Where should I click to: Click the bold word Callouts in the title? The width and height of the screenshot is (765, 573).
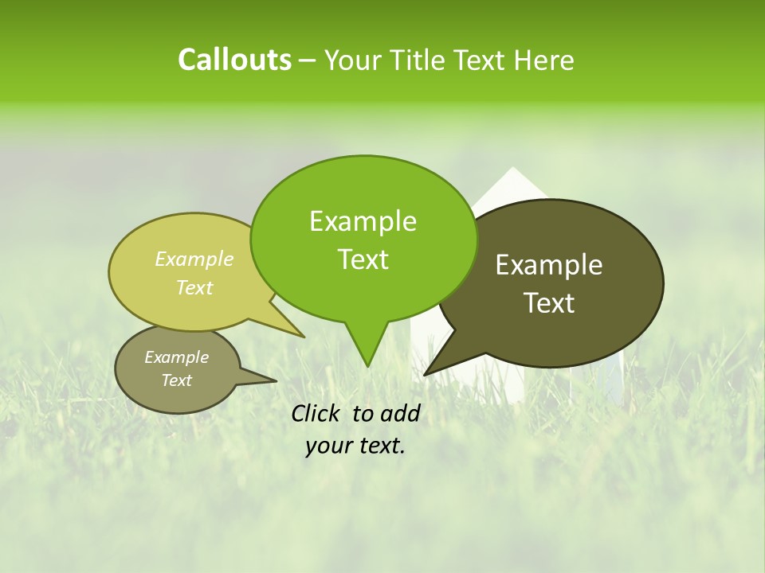click(x=234, y=60)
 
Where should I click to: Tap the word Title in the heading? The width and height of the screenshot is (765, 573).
click(x=420, y=60)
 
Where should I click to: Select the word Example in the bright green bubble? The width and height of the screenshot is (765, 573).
click(x=363, y=221)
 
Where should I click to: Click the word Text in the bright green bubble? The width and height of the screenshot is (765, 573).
click(x=363, y=259)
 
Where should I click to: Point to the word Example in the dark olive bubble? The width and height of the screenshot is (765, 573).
click(x=549, y=265)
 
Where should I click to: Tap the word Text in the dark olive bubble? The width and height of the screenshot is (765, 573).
click(x=549, y=303)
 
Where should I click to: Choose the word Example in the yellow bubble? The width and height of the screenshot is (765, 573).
click(x=194, y=259)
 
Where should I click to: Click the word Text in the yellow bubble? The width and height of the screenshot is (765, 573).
click(x=194, y=287)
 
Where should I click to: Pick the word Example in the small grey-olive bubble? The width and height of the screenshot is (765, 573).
click(x=176, y=357)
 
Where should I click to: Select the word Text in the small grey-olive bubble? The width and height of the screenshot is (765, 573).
click(x=176, y=380)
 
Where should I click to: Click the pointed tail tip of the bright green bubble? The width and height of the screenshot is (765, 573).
click(x=367, y=366)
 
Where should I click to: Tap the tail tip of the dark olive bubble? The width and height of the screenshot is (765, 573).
click(x=425, y=374)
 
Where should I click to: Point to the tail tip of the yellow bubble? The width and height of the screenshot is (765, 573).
click(x=304, y=337)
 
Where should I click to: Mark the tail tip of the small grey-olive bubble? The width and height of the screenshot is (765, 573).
click(x=276, y=380)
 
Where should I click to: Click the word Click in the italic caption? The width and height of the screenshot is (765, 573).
click(x=318, y=413)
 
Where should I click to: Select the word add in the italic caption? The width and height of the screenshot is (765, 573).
click(x=400, y=413)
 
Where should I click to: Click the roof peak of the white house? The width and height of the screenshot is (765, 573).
click(x=513, y=169)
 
